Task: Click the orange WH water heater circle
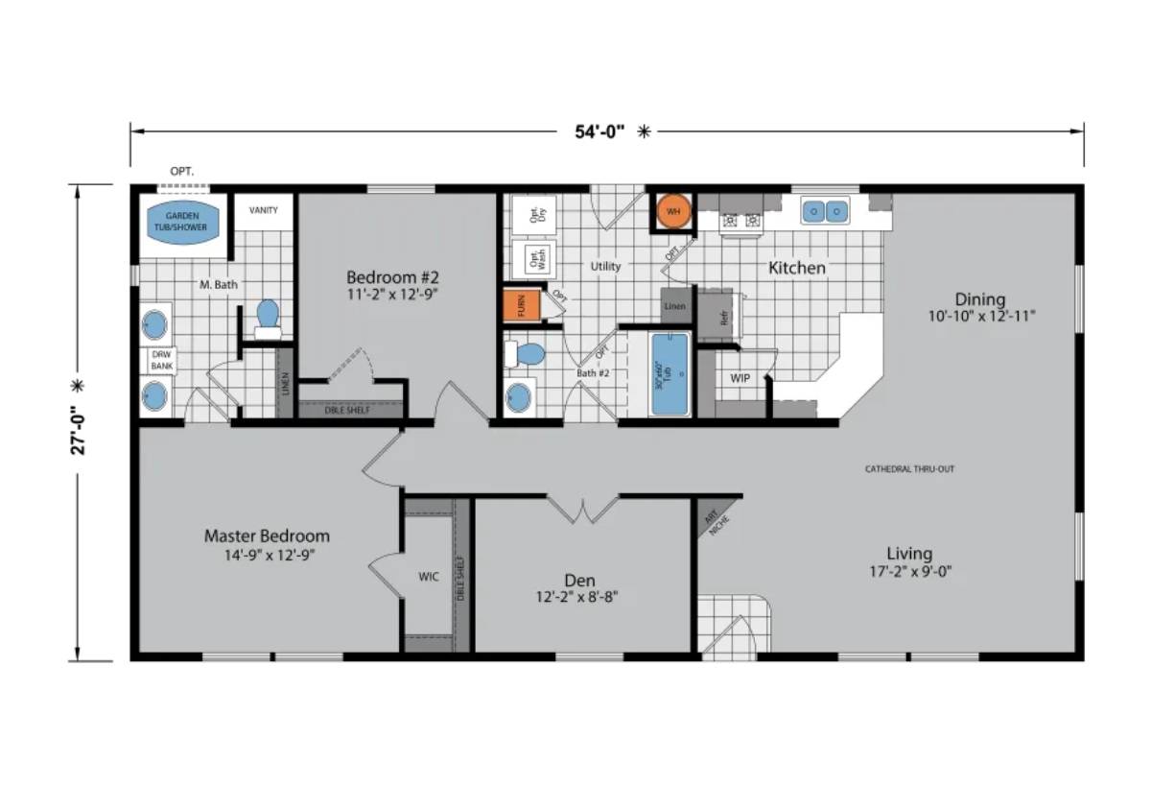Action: (x=673, y=211)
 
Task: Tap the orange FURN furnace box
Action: (x=521, y=306)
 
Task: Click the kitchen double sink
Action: (x=826, y=210)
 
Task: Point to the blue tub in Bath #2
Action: (x=669, y=374)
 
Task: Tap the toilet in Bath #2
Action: (x=527, y=354)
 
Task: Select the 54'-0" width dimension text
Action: (x=599, y=133)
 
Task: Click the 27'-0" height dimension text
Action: (x=81, y=422)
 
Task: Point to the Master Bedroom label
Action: (x=267, y=535)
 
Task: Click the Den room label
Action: (x=579, y=580)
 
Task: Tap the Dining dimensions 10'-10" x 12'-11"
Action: (x=980, y=315)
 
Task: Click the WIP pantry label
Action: (x=740, y=378)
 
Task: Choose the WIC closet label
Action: (x=428, y=578)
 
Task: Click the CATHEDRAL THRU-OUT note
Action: (x=909, y=469)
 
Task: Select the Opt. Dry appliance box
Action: (x=529, y=215)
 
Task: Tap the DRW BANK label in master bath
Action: (x=158, y=360)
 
